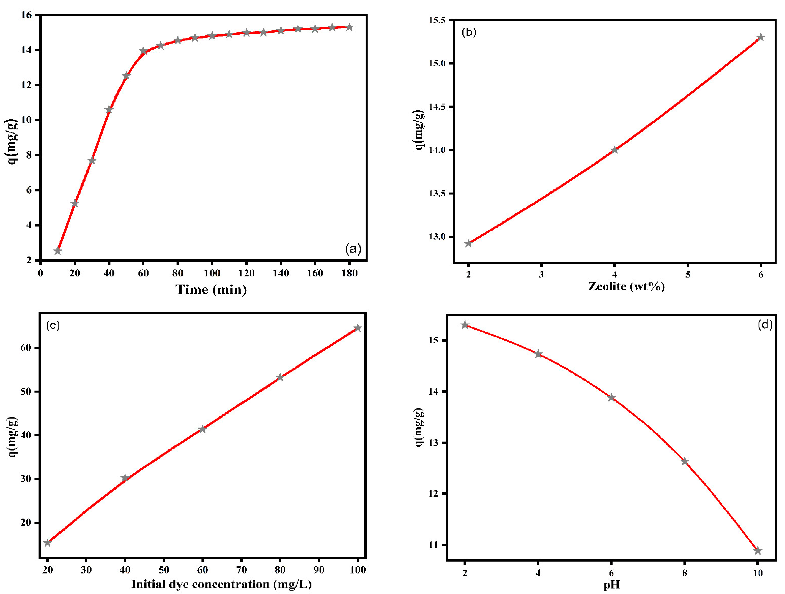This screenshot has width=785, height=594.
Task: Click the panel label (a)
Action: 353,249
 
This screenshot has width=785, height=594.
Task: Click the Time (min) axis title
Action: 211,289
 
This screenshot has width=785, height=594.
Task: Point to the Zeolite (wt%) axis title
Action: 626,286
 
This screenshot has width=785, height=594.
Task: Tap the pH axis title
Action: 611,585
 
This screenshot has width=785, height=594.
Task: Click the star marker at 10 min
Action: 57,251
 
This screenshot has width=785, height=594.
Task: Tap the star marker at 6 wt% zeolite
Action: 761,38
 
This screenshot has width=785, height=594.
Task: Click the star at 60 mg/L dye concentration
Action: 202,429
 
